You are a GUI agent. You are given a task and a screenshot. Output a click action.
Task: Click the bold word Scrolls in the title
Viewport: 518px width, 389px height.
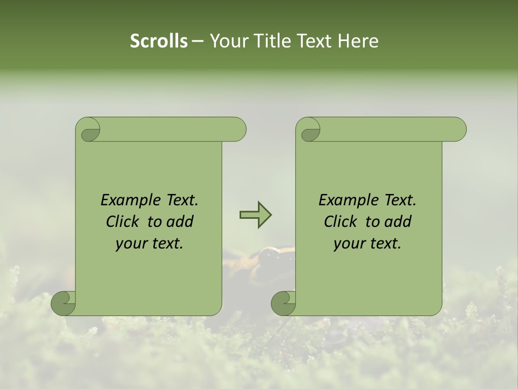coord(159,41)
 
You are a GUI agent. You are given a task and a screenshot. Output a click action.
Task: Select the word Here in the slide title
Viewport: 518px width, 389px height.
coord(358,41)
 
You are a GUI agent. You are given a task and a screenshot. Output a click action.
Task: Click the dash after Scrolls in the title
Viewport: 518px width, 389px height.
coord(197,42)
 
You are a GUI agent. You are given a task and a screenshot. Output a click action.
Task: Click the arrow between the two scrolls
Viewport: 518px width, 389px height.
coord(255,215)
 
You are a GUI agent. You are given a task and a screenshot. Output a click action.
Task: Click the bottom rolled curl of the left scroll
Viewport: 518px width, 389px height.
coord(63,303)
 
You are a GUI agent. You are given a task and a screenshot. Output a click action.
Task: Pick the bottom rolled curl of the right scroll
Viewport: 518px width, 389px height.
coord(283,303)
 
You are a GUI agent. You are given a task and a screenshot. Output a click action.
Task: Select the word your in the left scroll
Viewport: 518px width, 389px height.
coord(131,244)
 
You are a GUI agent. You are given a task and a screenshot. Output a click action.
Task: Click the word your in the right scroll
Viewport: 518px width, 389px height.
coord(349,244)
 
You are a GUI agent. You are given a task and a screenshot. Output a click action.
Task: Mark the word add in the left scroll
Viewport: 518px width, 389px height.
coord(181,222)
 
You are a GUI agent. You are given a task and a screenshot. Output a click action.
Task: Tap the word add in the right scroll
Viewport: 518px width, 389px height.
coord(399,222)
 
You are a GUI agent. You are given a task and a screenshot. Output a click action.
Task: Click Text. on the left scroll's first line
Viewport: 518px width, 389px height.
coord(181,200)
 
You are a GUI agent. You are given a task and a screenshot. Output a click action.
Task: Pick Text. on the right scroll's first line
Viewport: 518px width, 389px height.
coord(399,200)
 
